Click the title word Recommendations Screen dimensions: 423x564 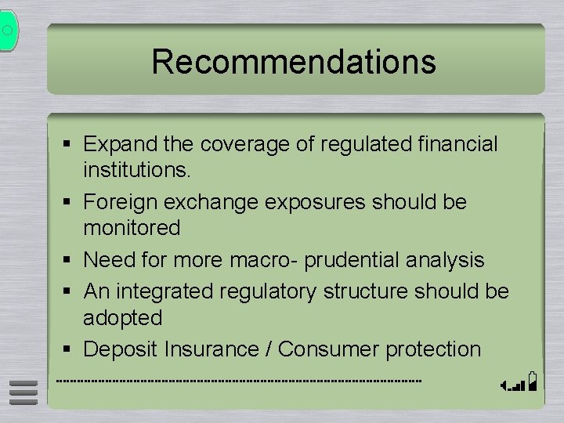pos(294,61)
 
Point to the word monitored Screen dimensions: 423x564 pos(132,228)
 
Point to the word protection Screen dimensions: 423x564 pos(433,349)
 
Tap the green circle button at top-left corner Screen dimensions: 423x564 pos(7,31)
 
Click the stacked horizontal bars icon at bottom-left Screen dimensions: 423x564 pos(23,394)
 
